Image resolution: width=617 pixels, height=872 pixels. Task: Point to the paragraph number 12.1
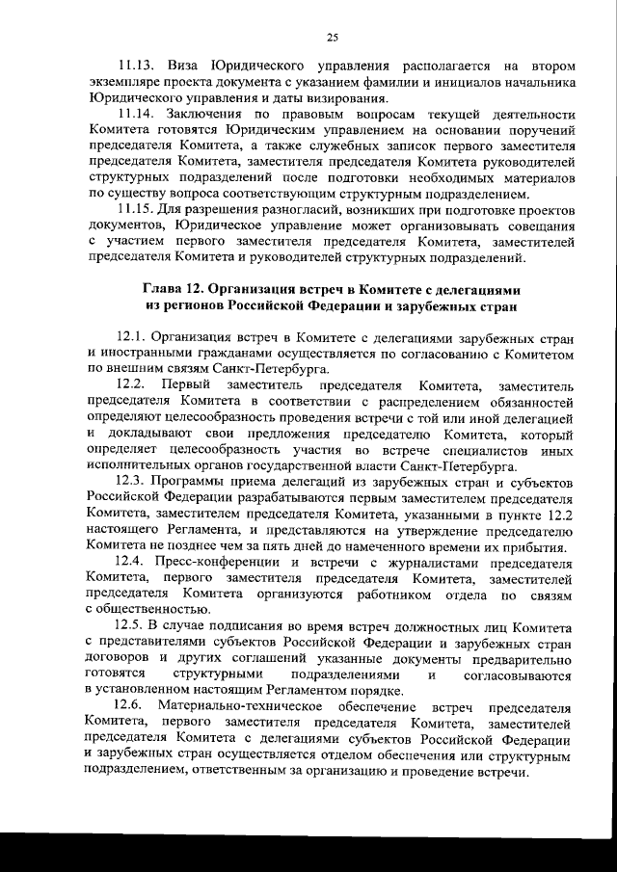pyautogui.click(x=134, y=338)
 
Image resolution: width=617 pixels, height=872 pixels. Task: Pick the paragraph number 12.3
pyautogui.click(x=134, y=479)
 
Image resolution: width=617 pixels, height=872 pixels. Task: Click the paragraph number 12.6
pyautogui.click(x=134, y=706)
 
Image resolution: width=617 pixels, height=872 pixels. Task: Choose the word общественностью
pyautogui.click(x=148, y=608)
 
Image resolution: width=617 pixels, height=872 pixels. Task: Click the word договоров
pyautogui.click(x=120, y=657)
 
